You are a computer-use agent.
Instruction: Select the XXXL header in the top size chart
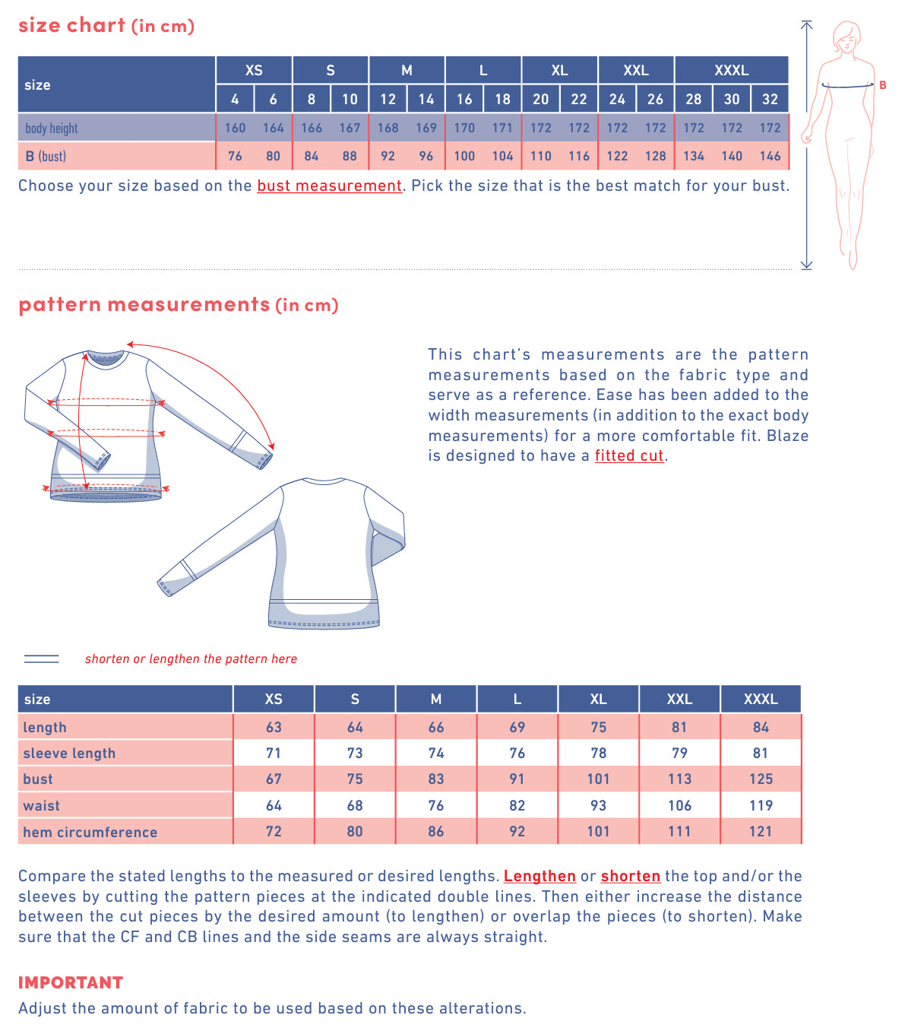click(731, 70)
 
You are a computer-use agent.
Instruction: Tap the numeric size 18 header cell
click(502, 99)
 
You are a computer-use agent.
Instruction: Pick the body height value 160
click(235, 128)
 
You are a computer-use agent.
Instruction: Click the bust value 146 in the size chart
click(770, 156)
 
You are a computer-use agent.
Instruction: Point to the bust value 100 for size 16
click(464, 156)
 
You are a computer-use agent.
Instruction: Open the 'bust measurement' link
click(329, 186)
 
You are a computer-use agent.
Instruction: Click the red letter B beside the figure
click(883, 85)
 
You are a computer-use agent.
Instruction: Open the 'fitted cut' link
click(629, 455)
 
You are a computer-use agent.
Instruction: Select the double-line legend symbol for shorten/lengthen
click(42, 658)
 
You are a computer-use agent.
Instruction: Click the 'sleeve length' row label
click(69, 753)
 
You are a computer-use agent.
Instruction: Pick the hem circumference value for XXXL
click(761, 831)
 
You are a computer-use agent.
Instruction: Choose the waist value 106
click(679, 805)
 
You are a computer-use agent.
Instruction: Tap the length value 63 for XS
click(274, 727)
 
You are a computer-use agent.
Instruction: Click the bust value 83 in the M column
click(436, 779)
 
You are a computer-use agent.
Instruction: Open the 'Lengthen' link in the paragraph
click(540, 876)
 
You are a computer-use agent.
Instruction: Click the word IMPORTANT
click(71, 982)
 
